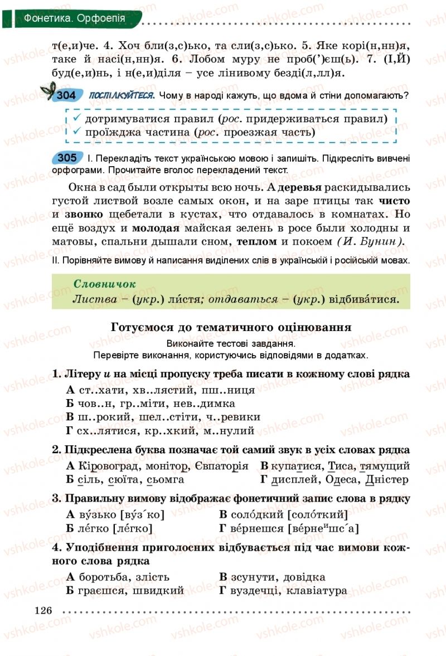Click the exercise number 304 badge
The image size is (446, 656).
point(66,95)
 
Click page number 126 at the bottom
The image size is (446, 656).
point(43,610)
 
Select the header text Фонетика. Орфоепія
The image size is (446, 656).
point(74,18)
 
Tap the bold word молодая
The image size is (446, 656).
point(156,227)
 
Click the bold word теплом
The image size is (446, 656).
point(256,241)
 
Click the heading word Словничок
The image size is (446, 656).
point(105,284)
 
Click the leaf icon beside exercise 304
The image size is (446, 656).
point(48,90)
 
